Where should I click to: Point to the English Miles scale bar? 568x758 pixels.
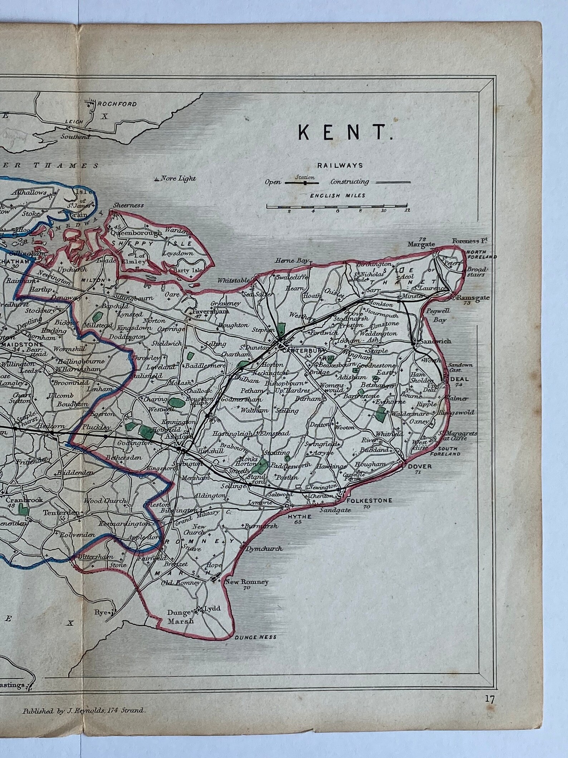[337, 207]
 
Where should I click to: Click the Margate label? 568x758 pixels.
[423, 245]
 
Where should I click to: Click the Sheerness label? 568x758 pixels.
[128, 206]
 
